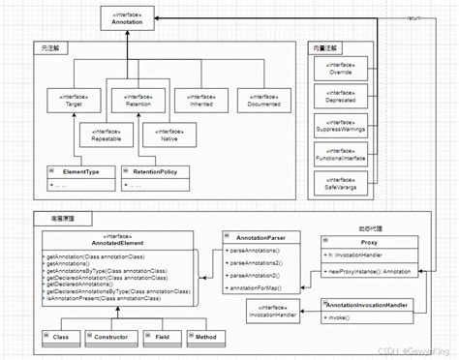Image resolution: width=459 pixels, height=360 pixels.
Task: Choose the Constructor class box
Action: pyautogui.click(x=110, y=338)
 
